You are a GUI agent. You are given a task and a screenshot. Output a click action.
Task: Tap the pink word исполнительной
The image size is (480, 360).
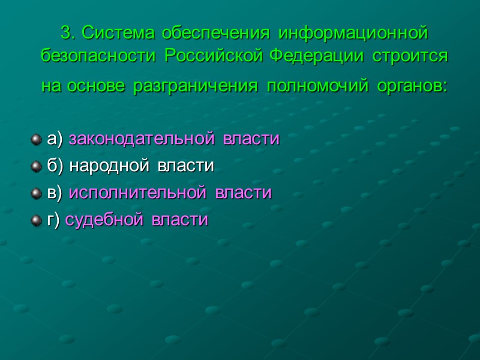(x=137, y=193)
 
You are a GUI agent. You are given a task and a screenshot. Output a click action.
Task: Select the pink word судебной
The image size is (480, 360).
(x=104, y=220)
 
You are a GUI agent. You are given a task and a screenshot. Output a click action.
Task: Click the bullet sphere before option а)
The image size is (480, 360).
(x=36, y=139)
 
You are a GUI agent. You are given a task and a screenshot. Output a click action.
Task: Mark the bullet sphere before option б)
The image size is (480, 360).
(x=36, y=166)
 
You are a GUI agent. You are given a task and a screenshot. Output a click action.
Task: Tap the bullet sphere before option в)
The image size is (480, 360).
(x=36, y=193)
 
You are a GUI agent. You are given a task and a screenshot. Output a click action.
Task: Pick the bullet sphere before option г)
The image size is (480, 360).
(x=36, y=220)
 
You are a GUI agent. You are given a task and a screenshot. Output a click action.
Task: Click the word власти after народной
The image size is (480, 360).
(x=185, y=166)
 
